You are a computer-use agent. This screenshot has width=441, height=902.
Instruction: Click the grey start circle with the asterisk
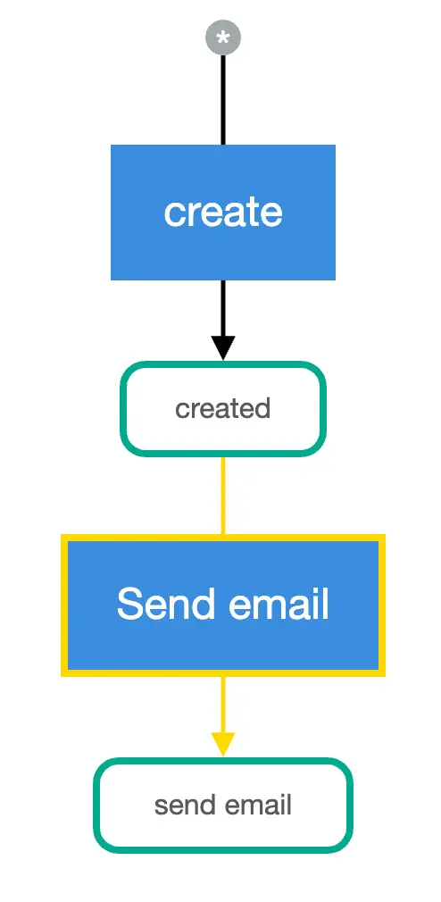(x=223, y=38)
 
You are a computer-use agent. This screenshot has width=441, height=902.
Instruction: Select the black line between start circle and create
(x=223, y=98)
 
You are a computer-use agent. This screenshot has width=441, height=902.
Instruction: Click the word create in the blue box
(x=223, y=213)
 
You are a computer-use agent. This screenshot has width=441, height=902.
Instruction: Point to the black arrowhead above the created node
(x=223, y=347)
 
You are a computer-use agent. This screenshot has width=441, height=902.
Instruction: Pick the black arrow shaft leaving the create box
(x=223, y=307)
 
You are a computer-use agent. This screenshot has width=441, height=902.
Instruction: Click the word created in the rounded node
(x=223, y=409)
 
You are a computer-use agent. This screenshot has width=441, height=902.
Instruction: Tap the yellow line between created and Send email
(x=223, y=495)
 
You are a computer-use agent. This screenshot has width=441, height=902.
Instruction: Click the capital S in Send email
(x=129, y=604)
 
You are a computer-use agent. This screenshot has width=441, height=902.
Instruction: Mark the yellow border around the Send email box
(x=64, y=604)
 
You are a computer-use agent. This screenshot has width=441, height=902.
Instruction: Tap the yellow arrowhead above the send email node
(x=223, y=743)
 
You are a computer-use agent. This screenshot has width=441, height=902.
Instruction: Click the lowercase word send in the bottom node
(x=182, y=806)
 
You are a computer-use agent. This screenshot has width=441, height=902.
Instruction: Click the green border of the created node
(x=123, y=409)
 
